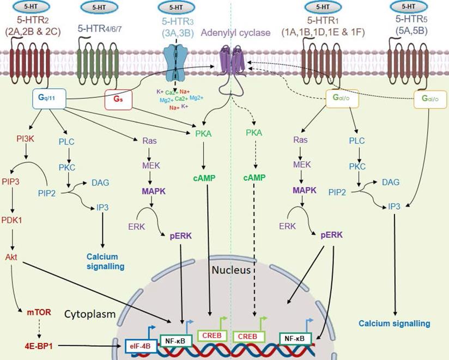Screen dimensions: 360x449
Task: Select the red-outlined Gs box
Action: pos(118,100)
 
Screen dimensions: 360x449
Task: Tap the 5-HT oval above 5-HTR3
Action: pos(175,8)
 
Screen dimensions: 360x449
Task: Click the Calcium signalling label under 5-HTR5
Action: pos(393,324)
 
